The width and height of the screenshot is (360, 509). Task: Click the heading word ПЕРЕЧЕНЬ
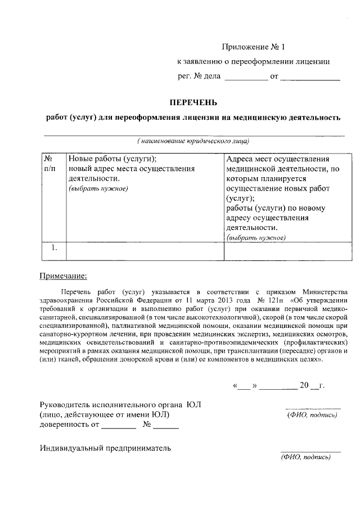193,102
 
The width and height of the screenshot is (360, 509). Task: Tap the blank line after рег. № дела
246,79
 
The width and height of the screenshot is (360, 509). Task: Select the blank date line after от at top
310,79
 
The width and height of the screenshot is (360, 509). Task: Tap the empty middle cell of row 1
145,251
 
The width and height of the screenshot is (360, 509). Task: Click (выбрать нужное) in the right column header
255,238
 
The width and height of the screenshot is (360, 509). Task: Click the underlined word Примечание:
63,276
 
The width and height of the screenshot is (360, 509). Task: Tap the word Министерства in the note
326,291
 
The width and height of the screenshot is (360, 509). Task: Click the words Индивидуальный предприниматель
105,448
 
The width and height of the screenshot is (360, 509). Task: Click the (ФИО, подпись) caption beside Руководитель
312,416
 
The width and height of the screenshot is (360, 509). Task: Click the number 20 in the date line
304,386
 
